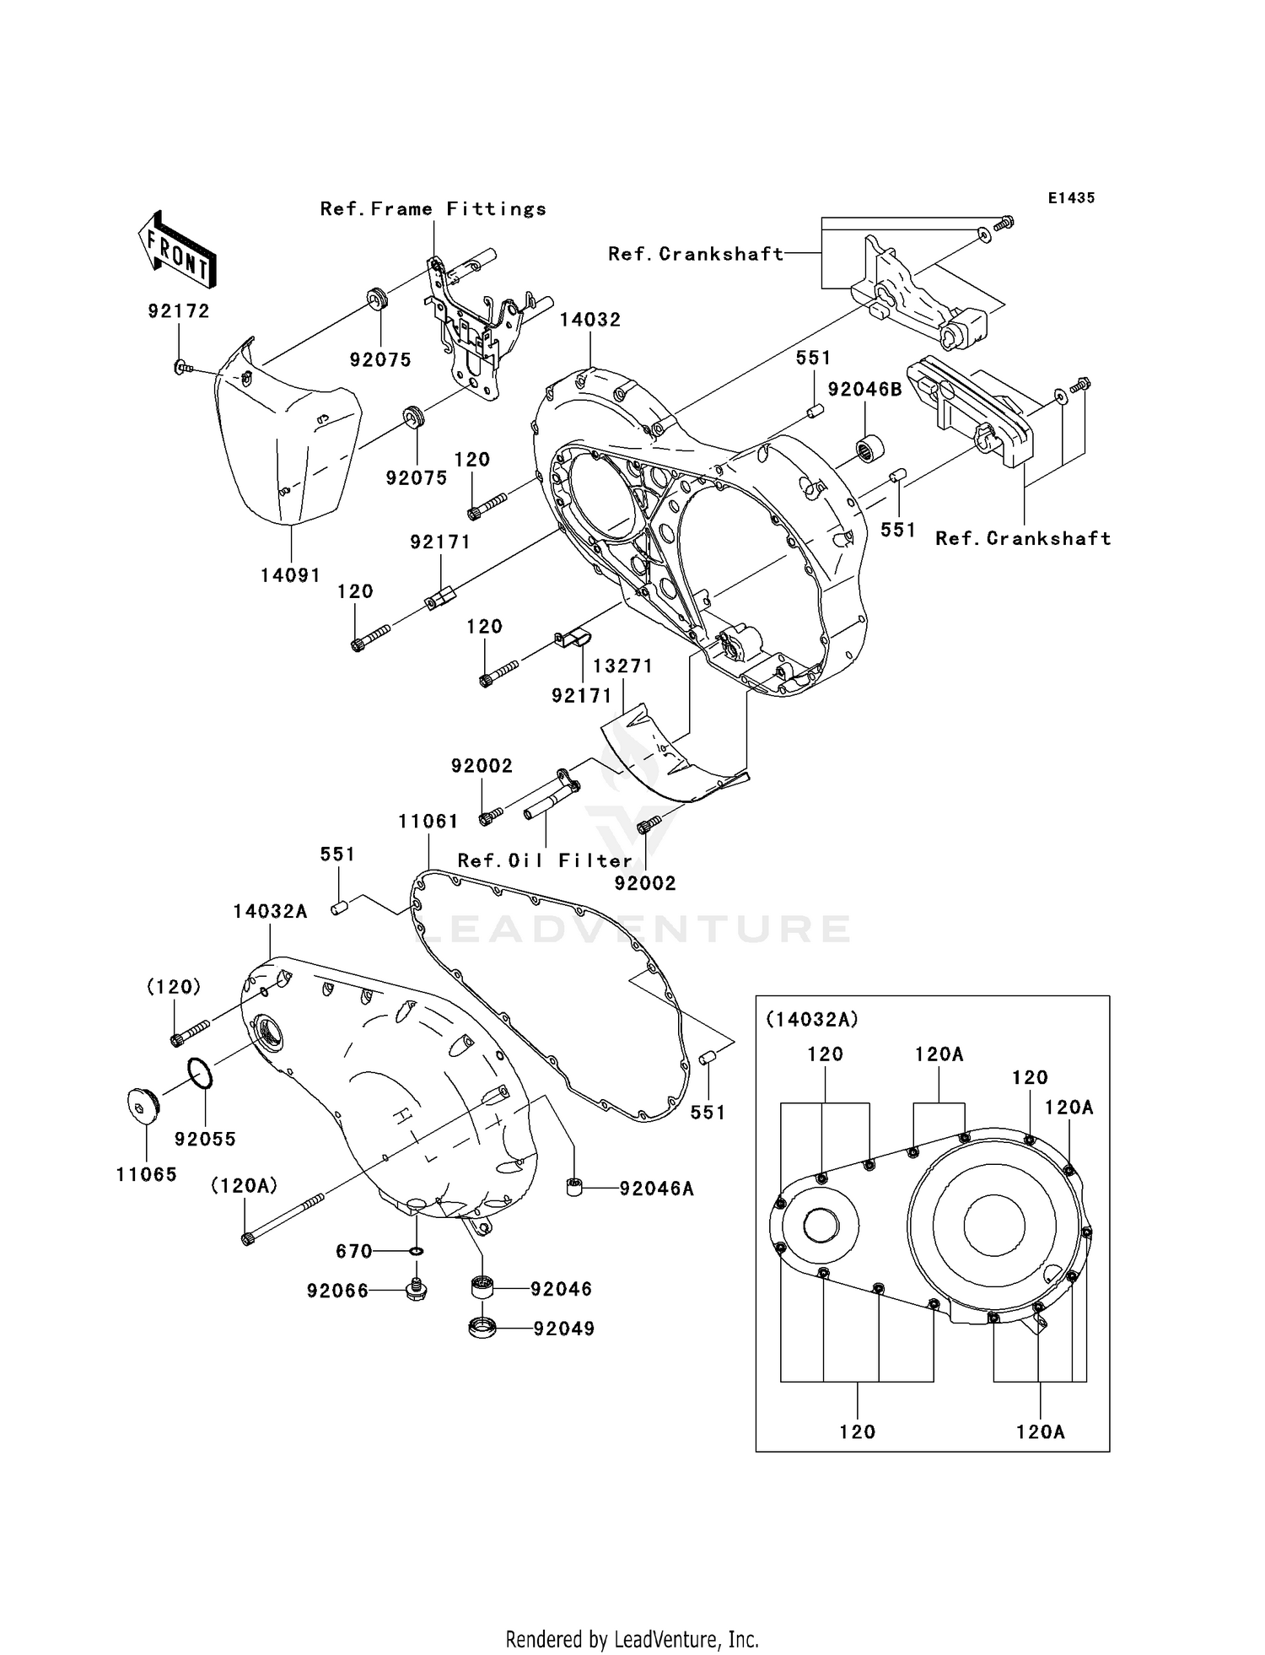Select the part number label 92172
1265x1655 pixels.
[x=178, y=310]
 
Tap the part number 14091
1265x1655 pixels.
[x=289, y=575]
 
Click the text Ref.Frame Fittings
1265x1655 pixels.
[x=433, y=208]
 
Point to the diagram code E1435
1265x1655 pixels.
[x=1071, y=197]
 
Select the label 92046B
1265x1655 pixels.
[x=864, y=389]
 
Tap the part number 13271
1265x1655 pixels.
[x=622, y=666]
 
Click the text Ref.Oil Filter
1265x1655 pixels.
[x=545, y=860]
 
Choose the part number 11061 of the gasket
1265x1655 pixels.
[x=428, y=821]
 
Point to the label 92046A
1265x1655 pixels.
[x=656, y=1189]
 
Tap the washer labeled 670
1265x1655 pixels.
[x=417, y=1251]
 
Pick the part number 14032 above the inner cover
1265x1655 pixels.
[x=590, y=320]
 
